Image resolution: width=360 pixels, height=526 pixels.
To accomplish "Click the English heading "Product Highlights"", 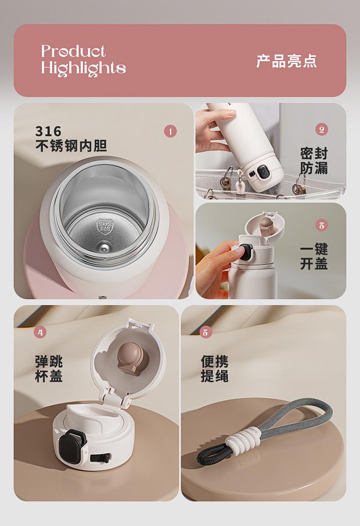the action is [x=83, y=61].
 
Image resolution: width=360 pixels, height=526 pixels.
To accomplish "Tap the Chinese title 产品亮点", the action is [x=287, y=61].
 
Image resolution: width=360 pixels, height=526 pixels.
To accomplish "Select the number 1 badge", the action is [x=170, y=132].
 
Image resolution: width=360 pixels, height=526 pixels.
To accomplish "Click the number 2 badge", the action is [x=322, y=129].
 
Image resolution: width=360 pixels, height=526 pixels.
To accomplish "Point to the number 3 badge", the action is [x=322, y=225].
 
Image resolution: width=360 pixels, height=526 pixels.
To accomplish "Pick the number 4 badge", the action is [x=40, y=332].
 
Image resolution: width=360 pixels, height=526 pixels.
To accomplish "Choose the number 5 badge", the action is [x=206, y=332].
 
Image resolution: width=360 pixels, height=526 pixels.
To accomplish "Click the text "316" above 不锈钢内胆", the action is [x=48, y=131].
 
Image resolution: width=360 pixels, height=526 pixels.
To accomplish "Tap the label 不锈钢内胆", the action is [x=71, y=146].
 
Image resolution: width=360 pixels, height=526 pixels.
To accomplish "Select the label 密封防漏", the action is [x=314, y=161].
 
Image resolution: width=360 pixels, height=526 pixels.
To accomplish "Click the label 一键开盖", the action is [x=314, y=257].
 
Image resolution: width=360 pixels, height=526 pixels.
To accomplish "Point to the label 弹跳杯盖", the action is [x=49, y=369].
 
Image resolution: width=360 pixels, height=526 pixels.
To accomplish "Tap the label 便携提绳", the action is [x=215, y=369].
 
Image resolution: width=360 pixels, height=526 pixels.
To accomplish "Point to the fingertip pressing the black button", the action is [x=239, y=250].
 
